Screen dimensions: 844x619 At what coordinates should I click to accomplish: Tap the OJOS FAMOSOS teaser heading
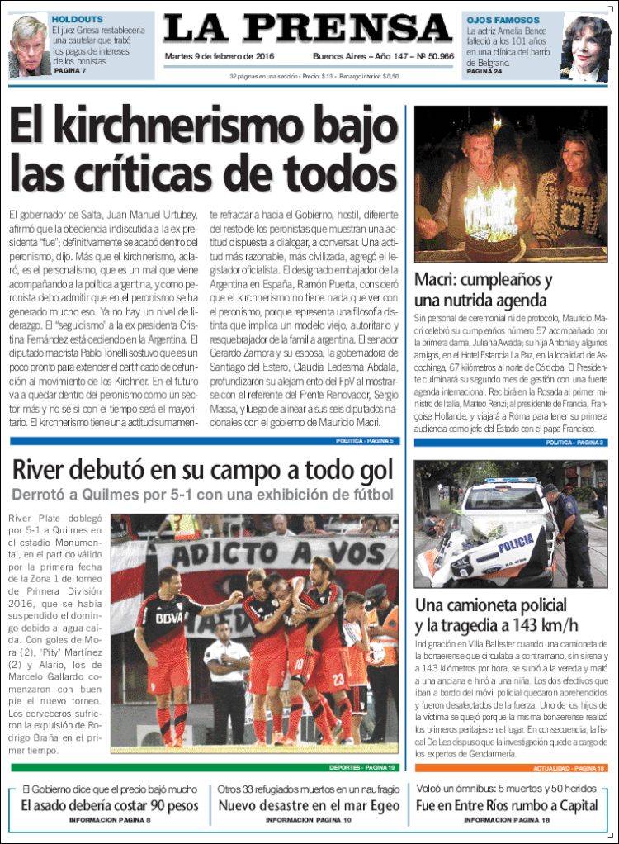(x=503, y=20)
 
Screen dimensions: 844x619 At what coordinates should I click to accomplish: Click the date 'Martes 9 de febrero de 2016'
(x=220, y=56)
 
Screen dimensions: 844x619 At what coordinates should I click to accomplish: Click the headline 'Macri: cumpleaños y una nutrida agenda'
(x=483, y=289)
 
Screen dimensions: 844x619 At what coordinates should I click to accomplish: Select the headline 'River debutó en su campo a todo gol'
(x=202, y=470)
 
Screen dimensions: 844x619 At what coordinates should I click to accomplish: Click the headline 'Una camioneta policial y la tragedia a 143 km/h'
(x=495, y=614)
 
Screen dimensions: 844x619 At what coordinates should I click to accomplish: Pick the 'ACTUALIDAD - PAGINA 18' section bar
(x=511, y=768)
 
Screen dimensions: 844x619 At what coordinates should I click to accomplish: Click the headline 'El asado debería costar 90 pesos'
(x=109, y=805)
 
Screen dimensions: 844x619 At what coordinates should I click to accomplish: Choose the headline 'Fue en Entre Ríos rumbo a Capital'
(x=507, y=805)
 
